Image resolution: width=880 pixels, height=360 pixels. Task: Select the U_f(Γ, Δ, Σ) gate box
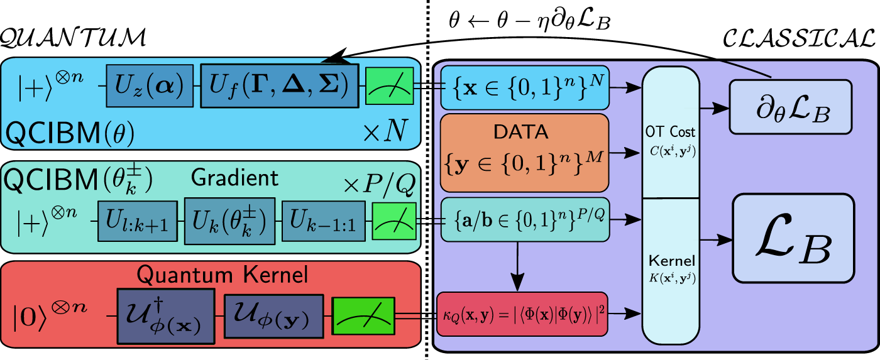pos(279,85)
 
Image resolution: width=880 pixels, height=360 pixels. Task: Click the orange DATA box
pos(524,152)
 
